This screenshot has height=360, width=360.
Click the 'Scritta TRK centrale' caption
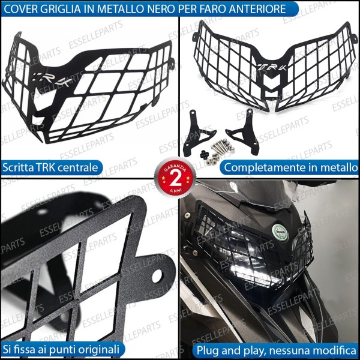tap(52, 167)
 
